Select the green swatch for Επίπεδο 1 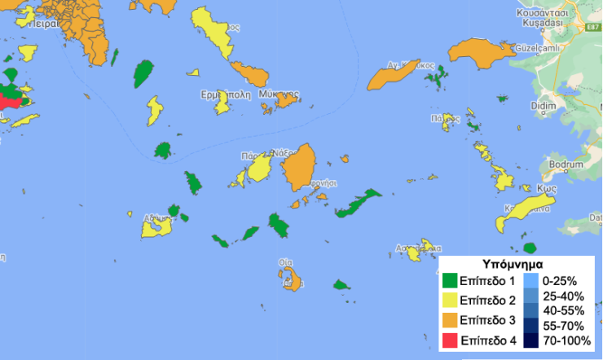point(450,280)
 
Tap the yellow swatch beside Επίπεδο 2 point(450,300)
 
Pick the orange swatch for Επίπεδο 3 point(450,319)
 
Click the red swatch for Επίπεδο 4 point(450,339)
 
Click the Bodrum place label point(568,164)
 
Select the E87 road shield point(592,27)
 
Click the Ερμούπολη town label point(225,94)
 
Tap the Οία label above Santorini point(285,263)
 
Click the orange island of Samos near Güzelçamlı point(481,55)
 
